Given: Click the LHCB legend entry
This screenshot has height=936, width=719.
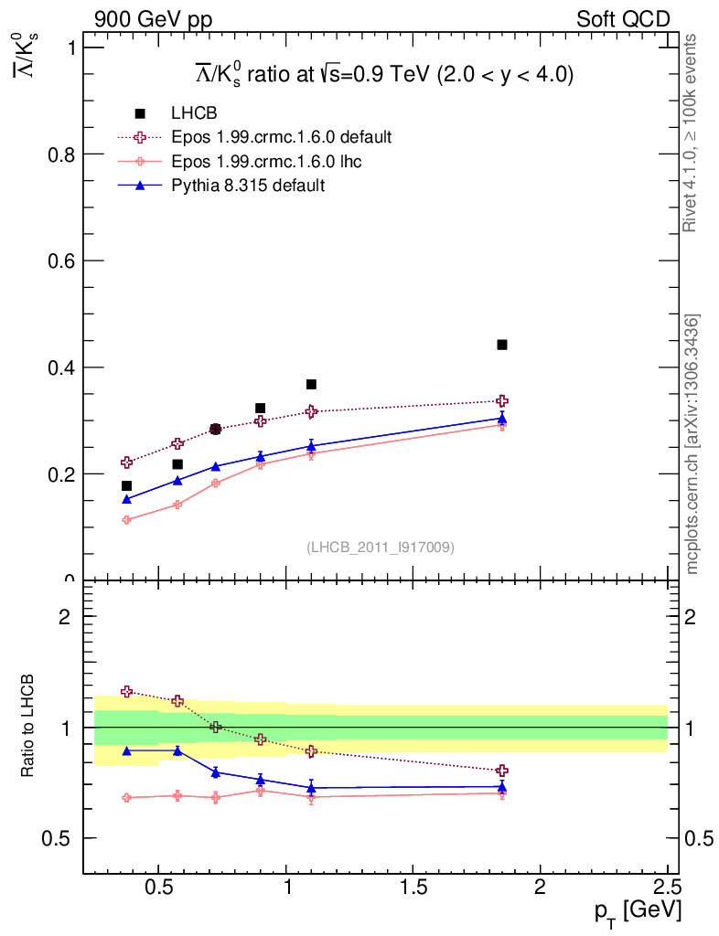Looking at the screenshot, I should coord(193,113).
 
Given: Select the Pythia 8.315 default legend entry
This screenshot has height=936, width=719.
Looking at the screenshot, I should coord(248,186).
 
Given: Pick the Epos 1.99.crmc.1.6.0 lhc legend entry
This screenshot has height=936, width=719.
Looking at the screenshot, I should coord(274,161).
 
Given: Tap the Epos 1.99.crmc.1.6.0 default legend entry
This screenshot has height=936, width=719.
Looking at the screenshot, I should coord(281,137).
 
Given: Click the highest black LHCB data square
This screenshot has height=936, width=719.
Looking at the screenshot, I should coord(502,345).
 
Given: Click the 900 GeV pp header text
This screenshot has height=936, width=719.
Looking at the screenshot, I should coord(153,19).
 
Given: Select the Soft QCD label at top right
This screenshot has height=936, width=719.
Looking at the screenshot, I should coord(623,19).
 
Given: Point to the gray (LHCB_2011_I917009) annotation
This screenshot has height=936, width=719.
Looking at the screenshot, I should coord(381,548).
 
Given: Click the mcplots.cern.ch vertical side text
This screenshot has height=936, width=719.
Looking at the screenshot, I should coord(692,444).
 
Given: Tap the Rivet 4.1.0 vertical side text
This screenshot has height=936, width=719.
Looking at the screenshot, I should coord(692,133).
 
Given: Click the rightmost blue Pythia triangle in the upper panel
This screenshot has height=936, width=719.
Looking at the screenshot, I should coord(502,418).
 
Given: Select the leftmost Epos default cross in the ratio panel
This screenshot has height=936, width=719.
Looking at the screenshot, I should coord(127,692).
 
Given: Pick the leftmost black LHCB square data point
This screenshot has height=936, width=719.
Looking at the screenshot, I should coord(126,485).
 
